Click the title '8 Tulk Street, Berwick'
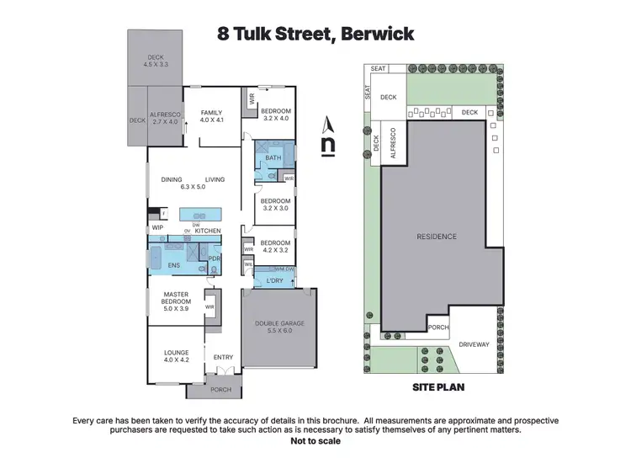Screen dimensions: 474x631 pyautogui.click(x=315, y=35)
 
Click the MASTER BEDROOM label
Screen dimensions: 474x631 pyautogui.click(x=177, y=302)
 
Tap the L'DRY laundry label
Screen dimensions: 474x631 pyautogui.click(x=274, y=280)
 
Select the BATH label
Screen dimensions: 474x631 pyautogui.click(x=273, y=158)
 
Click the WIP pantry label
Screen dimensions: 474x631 pyautogui.click(x=157, y=228)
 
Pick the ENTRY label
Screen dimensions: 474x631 pyautogui.click(x=224, y=357)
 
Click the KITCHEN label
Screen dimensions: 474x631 pyautogui.click(x=208, y=231)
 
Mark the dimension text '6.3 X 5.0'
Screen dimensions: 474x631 pyautogui.click(x=193, y=187)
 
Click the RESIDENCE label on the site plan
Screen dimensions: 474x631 pyautogui.click(x=436, y=237)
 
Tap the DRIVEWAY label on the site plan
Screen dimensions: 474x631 pyautogui.click(x=474, y=344)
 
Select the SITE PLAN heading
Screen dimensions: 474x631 pyautogui.click(x=437, y=388)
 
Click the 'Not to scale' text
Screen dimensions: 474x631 pyautogui.click(x=315, y=440)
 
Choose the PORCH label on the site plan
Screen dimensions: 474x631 pyautogui.click(x=437, y=328)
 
